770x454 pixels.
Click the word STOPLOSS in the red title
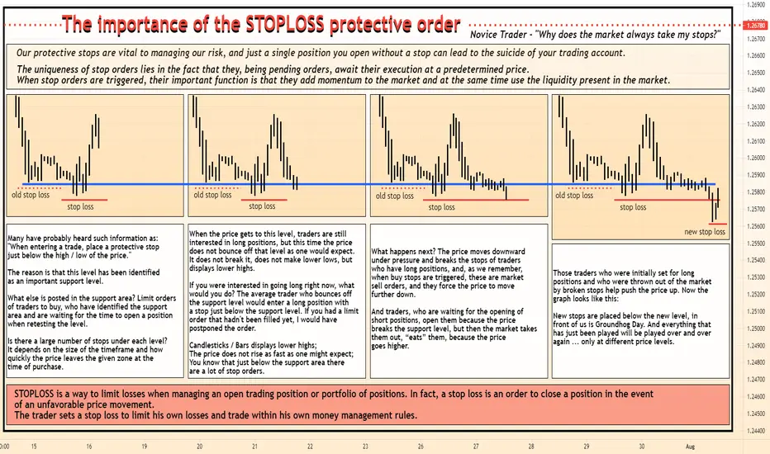point(284,25)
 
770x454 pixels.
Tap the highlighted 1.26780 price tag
point(756,25)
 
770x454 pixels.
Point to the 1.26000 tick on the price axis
point(756,158)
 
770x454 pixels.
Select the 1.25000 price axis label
point(756,329)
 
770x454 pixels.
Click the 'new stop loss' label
point(705,232)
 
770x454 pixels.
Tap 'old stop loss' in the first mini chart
point(31,195)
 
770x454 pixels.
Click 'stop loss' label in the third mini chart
point(441,207)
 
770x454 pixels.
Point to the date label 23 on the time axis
point(365,447)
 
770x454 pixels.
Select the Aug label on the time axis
point(690,447)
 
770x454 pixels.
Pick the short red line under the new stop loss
point(717,224)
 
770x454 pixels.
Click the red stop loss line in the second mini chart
point(264,200)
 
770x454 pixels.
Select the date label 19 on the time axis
point(145,447)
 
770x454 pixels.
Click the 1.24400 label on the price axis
point(756,431)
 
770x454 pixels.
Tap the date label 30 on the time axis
point(642,447)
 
